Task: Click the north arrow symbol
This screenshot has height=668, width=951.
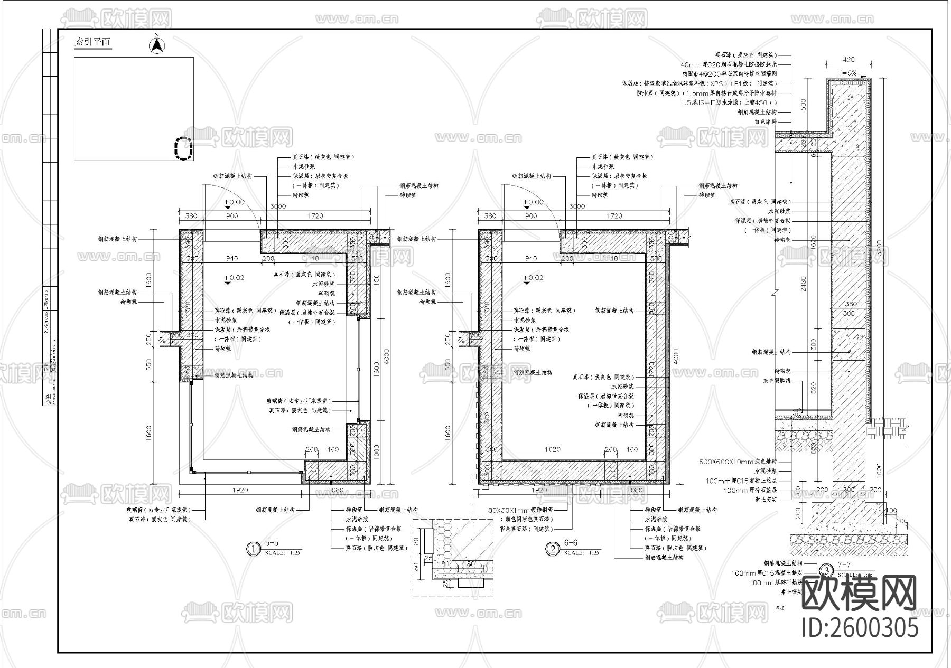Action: (x=156, y=45)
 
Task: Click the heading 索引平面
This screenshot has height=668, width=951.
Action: (x=93, y=42)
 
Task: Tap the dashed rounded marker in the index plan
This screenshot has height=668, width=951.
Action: (x=183, y=148)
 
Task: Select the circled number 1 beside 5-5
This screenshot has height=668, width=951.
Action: (x=253, y=549)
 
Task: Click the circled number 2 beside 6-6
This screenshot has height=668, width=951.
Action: (x=552, y=549)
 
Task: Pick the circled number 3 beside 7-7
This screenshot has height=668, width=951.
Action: (x=825, y=571)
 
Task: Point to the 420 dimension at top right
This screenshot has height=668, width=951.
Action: (x=849, y=60)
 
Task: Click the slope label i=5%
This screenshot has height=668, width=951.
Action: (x=847, y=73)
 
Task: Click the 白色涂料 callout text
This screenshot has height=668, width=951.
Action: (x=766, y=121)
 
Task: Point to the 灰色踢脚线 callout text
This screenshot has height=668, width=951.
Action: (x=776, y=380)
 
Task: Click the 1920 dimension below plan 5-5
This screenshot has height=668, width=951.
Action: (x=239, y=490)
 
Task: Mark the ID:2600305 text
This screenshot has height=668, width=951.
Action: (x=860, y=628)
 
